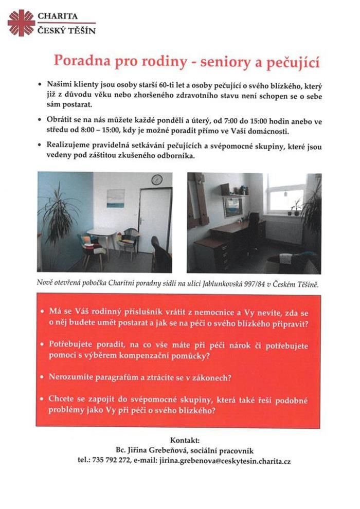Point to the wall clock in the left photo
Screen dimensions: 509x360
point(157,179)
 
